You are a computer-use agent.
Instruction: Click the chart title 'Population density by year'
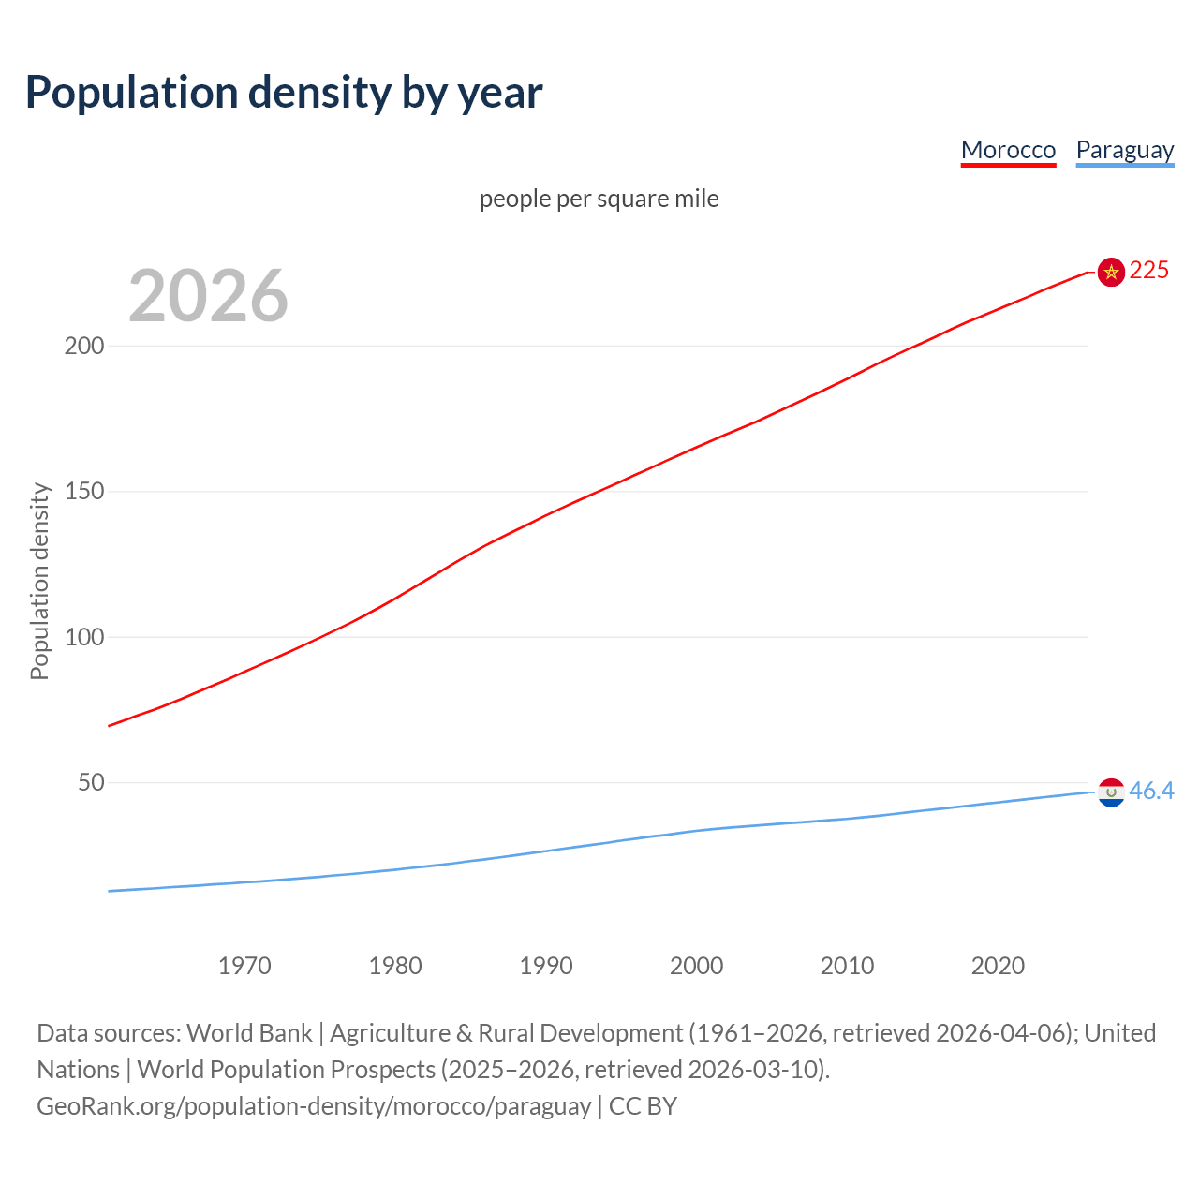(x=284, y=92)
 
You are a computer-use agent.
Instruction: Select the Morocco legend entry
(x=1008, y=150)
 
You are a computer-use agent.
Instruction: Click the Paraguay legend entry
(x=1124, y=150)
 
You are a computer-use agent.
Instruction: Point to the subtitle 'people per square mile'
(x=599, y=199)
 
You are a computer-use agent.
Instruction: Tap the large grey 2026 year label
(x=208, y=296)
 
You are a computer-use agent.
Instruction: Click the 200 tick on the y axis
(x=84, y=346)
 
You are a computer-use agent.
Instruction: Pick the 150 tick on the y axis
(x=84, y=491)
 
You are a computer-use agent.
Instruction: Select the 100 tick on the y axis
(x=84, y=637)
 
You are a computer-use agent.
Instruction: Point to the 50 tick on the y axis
(x=91, y=782)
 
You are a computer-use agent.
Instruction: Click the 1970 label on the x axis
(x=244, y=966)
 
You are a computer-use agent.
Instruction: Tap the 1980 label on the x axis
(x=395, y=966)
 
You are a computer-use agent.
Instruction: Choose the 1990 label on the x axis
(x=546, y=966)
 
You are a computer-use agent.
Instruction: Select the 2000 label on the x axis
(x=696, y=966)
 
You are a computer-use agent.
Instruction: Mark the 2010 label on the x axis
(x=847, y=966)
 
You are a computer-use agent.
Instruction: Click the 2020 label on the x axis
(x=998, y=966)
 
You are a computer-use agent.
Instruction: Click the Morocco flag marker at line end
(x=1111, y=272)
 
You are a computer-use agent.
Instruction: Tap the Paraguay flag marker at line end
(x=1111, y=792)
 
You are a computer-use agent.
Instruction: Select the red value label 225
(x=1149, y=271)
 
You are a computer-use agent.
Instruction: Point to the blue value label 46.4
(x=1151, y=792)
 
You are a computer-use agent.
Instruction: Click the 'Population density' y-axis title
(x=39, y=581)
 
